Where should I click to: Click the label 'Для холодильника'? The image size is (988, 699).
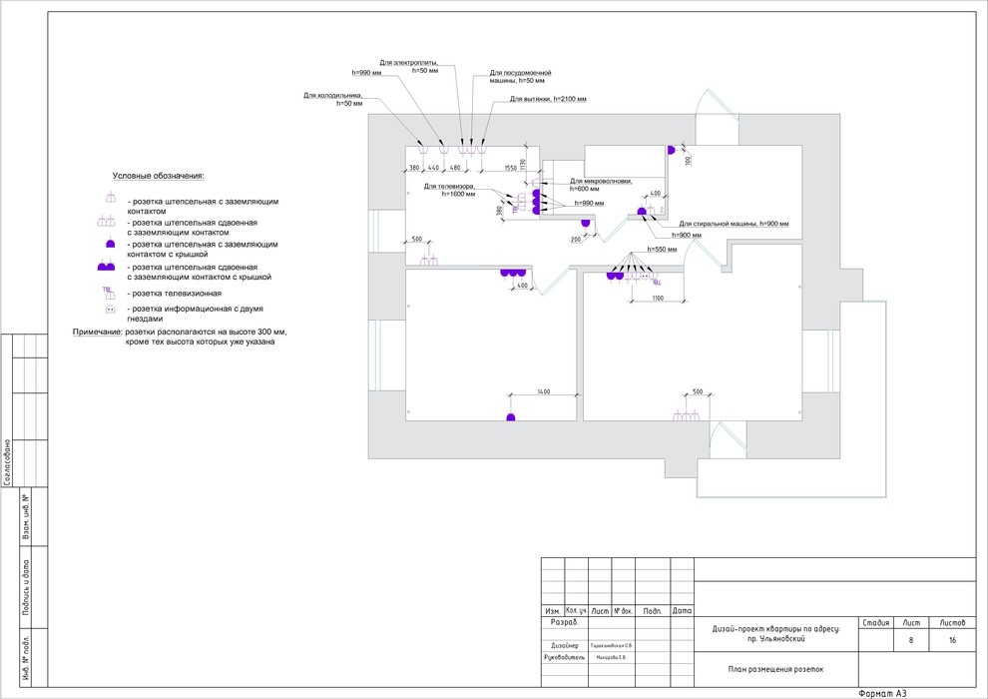click(333, 96)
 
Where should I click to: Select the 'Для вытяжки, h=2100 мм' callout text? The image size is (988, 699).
click(548, 100)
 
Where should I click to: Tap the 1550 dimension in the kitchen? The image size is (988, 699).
click(510, 167)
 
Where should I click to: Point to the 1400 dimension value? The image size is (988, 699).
click(543, 390)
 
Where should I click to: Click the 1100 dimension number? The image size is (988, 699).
click(658, 298)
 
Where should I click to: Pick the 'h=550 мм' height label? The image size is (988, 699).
click(662, 248)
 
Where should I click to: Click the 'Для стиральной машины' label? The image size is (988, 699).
click(734, 224)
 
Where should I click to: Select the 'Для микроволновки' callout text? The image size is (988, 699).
click(601, 181)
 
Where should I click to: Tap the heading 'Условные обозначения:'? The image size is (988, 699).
click(158, 176)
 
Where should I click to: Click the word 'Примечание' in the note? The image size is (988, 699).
click(97, 331)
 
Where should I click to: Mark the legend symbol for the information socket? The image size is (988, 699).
click(110, 311)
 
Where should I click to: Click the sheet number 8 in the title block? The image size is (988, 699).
click(910, 641)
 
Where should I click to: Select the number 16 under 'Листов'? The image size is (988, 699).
click(952, 641)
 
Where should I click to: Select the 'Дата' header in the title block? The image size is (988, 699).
click(683, 610)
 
